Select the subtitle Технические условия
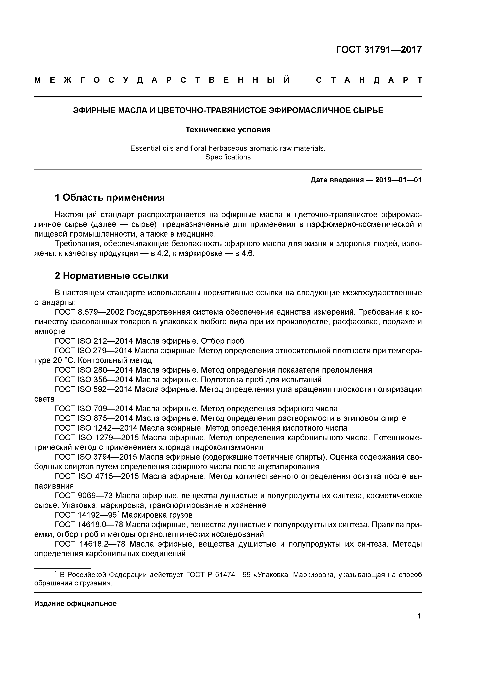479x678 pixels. (x=228, y=130)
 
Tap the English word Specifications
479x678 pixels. (x=228, y=157)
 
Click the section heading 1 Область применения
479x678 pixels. (x=110, y=197)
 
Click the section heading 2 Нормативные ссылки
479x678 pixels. (x=112, y=276)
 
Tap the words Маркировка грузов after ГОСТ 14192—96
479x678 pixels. (x=157, y=515)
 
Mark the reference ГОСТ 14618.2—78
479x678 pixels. (x=90, y=544)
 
